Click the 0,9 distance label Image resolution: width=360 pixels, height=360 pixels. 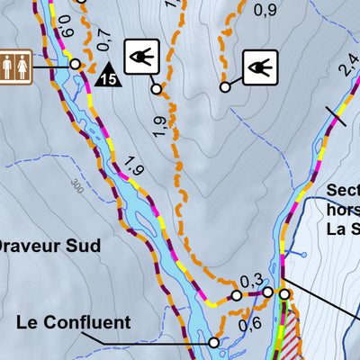tap(265, 11)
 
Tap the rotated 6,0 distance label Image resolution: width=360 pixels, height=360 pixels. tap(62, 37)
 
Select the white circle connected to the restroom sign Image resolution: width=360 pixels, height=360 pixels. tap(75, 64)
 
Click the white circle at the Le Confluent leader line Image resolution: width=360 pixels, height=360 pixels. tap(213, 342)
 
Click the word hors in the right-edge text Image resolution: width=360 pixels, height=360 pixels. tap(343, 210)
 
